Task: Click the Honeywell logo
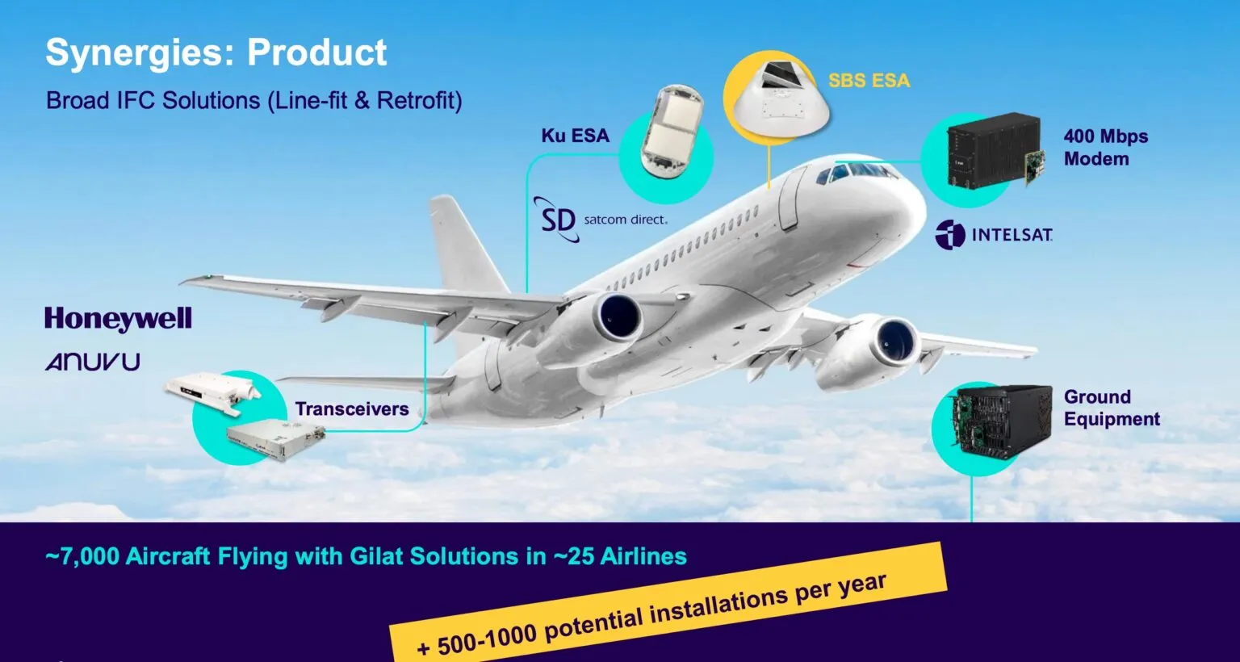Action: point(118,319)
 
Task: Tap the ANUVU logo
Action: point(93,361)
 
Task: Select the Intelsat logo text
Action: point(1012,235)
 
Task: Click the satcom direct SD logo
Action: point(558,219)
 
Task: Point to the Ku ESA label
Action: point(575,136)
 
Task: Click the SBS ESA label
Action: point(869,81)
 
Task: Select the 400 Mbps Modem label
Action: point(1105,147)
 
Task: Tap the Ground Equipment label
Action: point(1111,408)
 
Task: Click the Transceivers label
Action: point(351,409)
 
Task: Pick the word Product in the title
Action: point(317,52)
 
